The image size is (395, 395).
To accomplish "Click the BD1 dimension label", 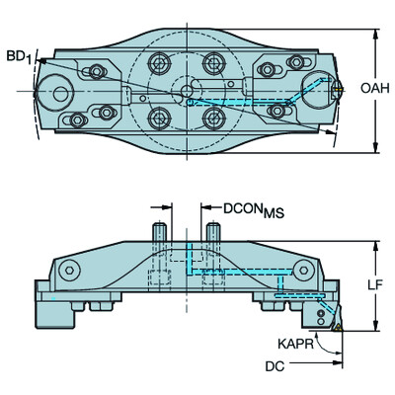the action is pyautogui.click(x=19, y=57).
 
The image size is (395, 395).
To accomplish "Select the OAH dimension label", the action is pyautogui.click(x=375, y=88).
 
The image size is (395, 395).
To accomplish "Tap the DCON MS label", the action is pyautogui.click(x=254, y=209).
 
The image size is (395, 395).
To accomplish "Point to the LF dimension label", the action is pyautogui.click(x=375, y=285).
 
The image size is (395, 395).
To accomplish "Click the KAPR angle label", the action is pyautogui.click(x=295, y=344).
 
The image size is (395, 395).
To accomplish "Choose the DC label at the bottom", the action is pyautogui.click(x=275, y=366).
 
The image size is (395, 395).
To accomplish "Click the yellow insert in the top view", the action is pyautogui.click(x=338, y=89).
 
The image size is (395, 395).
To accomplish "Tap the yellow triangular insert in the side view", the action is pyautogui.click(x=337, y=327).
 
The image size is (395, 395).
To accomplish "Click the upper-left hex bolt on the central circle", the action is pyautogui.click(x=159, y=62).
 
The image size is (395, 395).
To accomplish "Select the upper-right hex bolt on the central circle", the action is pyautogui.click(x=214, y=62).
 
